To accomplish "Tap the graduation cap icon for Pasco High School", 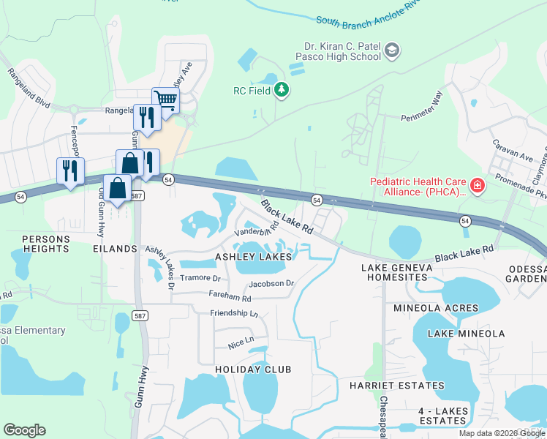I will (392, 50).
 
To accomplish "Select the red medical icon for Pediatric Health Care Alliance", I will (477, 187).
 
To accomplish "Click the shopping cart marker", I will (166, 100).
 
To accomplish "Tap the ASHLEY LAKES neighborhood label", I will (253, 257).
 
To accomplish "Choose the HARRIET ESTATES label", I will (396, 386).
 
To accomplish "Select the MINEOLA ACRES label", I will (435, 308).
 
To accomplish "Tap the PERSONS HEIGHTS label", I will (45, 244).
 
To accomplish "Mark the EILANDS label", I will (116, 249).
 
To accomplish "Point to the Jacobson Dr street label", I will (271, 283).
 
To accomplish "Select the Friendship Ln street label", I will (234, 313).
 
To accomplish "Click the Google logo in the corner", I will (24, 430).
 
